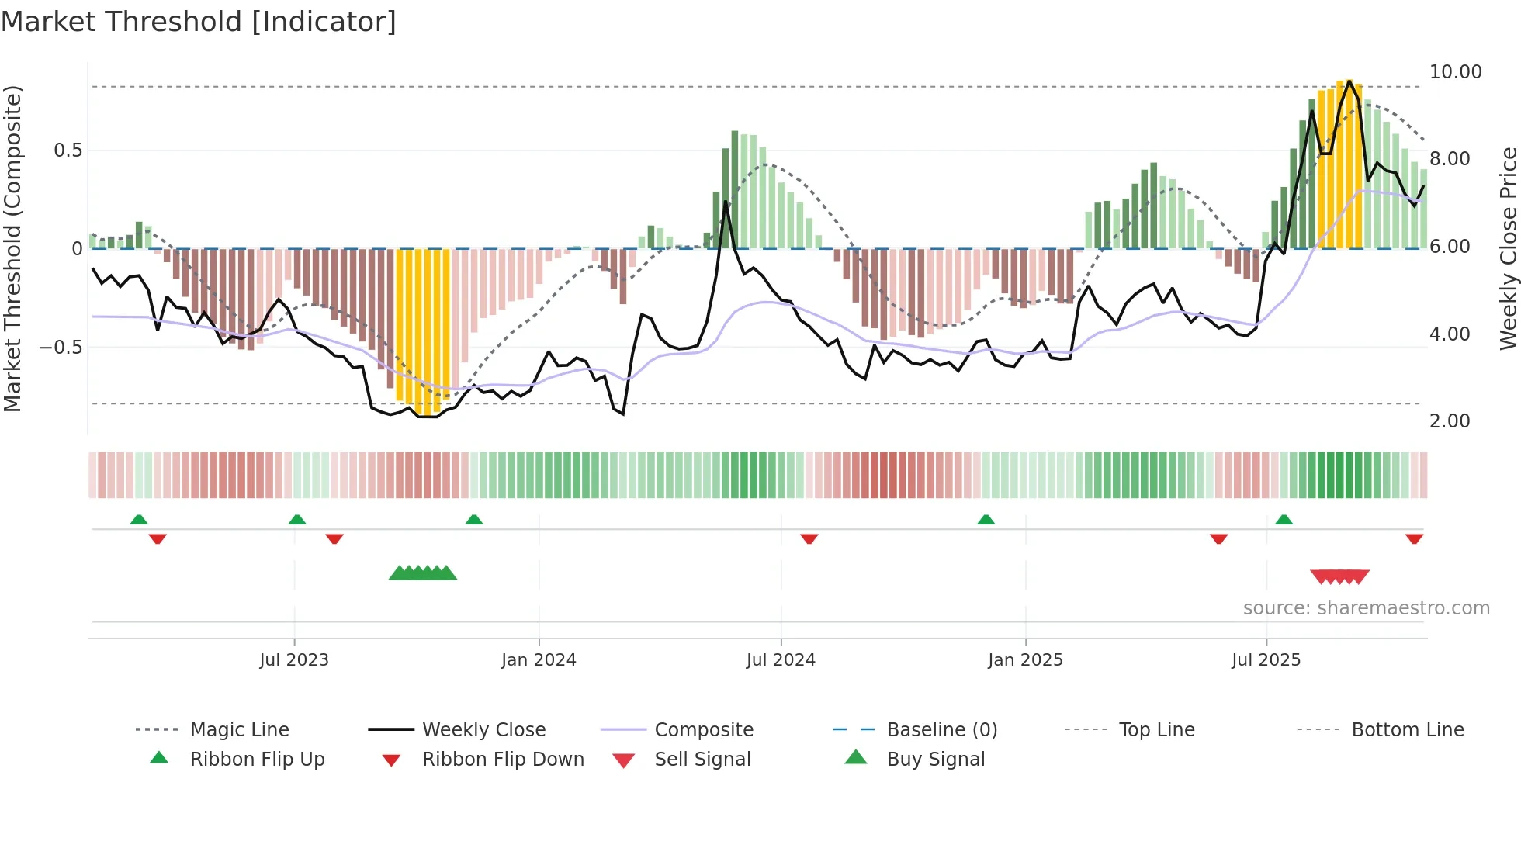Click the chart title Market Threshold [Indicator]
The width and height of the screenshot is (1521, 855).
pos(199,22)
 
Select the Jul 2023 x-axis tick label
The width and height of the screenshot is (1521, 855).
pos(294,660)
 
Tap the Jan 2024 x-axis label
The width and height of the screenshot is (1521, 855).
pos(539,660)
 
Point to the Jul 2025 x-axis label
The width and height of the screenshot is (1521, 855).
pos(1266,660)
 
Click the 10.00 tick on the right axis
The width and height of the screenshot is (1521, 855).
pos(1455,72)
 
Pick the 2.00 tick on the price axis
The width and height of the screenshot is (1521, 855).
pos(1450,421)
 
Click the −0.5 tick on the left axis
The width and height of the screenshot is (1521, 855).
pos(61,348)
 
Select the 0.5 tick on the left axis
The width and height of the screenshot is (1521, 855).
pos(68,151)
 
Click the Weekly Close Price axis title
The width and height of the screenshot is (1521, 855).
pos(1508,248)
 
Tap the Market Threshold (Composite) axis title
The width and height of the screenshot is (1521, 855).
pos(12,248)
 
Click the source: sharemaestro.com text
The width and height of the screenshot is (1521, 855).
pos(1366,608)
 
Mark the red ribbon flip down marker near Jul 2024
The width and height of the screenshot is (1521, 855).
pos(809,538)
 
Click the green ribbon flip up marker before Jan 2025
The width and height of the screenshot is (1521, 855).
pos(986,520)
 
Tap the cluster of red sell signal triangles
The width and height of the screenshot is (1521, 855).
pos(1339,576)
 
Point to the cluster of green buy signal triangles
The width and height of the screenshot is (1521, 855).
pos(423,573)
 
